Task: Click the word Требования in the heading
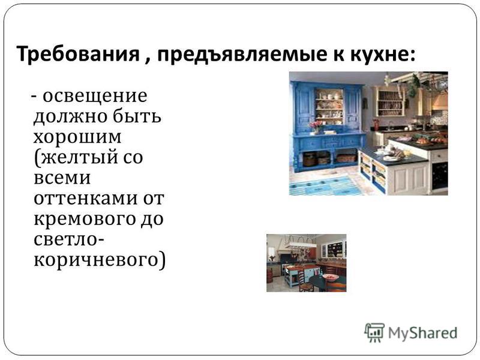click(x=78, y=54)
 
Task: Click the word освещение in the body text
click(x=95, y=97)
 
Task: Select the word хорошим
click(x=77, y=137)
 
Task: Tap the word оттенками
click(x=86, y=199)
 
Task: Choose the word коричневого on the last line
click(x=96, y=261)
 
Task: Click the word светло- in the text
click(x=68, y=239)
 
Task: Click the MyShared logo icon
click(x=374, y=332)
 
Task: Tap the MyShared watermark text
click(x=423, y=333)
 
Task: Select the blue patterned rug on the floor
click(x=326, y=185)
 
